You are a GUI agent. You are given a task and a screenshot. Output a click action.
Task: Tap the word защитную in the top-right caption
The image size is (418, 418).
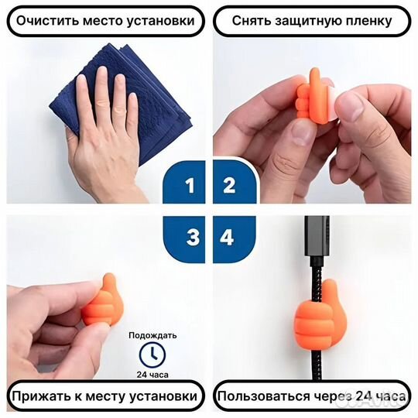pos(304,20)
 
